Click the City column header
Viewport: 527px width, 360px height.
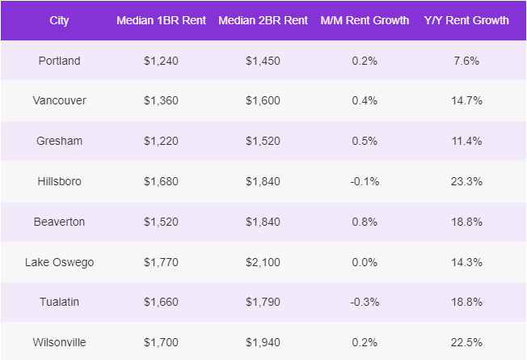point(60,20)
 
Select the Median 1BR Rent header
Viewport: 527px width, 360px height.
point(162,20)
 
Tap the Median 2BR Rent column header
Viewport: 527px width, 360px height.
point(263,20)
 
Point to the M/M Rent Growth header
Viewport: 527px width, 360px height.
point(365,20)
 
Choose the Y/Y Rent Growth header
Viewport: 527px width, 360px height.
point(466,20)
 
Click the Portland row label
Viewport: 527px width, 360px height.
point(60,61)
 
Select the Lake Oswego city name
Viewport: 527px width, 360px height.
point(60,262)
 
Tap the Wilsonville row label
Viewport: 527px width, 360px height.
point(60,342)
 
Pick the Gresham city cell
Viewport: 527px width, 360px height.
point(60,141)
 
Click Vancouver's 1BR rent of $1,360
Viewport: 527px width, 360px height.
point(162,100)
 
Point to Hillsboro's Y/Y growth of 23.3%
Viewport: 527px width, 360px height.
point(466,181)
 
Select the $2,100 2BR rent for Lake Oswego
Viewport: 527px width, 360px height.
point(263,262)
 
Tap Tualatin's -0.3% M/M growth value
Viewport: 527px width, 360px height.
point(365,302)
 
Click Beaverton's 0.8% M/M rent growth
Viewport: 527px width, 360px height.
point(365,222)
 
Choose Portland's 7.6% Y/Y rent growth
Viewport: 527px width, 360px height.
point(466,61)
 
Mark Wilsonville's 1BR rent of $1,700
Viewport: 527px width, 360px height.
point(162,342)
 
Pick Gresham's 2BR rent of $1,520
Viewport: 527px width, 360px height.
point(263,141)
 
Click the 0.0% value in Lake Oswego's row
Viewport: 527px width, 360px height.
point(365,262)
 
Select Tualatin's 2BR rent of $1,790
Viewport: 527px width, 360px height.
point(263,302)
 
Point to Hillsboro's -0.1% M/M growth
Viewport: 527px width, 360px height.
point(365,181)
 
